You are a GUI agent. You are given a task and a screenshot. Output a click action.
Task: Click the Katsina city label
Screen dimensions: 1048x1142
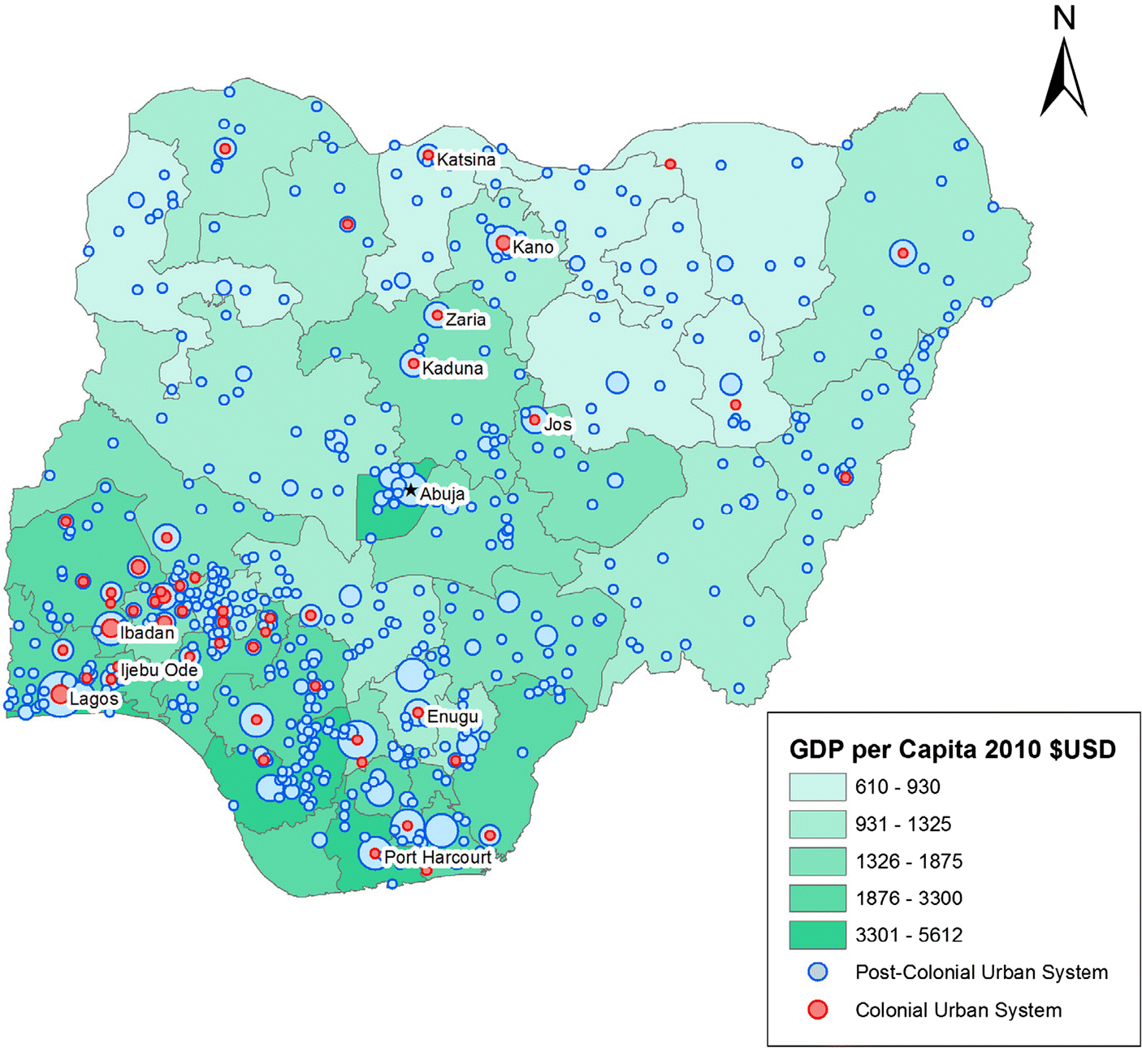pyautogui.click(x=465, y=160)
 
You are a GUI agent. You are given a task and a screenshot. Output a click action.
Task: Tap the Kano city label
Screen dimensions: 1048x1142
pyautogui.click(x=533, y=247)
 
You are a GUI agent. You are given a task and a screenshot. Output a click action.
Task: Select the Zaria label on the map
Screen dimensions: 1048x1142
pyautogui.click(x=465, y=320)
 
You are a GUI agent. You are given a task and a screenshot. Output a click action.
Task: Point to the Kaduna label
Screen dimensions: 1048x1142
pyautogui.click(x=452, y=369)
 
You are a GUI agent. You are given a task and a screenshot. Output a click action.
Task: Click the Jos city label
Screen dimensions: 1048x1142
pyautogui.click(x=557, y=425)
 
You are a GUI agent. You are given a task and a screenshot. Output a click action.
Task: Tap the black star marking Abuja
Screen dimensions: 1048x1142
pyautogui.click(x=411, y=491)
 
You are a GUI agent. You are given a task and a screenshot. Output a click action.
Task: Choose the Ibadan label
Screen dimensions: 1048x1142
pyautogui.click(x=147, y=633)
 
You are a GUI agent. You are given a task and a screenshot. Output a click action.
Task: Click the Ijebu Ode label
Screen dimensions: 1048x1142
pyautogui.click(x=159, y=670)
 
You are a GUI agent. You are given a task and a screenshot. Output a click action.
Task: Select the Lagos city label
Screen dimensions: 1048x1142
pyautogui.click(x=93, y=699)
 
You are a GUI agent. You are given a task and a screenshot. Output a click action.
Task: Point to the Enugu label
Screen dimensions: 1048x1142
pyautogui.click(x=452, y=717)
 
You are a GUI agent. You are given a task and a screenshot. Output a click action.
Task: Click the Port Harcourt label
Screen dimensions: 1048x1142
pyautogui.click(x=438, y=858)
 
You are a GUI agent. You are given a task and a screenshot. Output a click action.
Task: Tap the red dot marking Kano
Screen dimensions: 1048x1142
pyautogui.click(x=503, y=243)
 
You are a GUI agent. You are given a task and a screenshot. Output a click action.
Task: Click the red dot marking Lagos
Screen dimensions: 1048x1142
pyautogui.click(x=59, y=695)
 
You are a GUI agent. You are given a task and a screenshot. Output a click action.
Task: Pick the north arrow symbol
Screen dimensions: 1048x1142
pyautogui.click(x=1063, y=77)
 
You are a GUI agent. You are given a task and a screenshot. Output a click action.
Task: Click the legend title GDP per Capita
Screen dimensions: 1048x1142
pyautogui.click(x=952, y=749)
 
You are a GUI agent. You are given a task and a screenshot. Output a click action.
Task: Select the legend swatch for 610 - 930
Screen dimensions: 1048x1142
pyautogui.click(x=817, y=786)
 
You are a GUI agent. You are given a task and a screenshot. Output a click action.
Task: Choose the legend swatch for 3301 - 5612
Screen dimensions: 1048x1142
pyautogui.click(x=817, y=935)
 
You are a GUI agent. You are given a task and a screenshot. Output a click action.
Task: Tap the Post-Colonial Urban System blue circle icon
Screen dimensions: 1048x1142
pyautogui.click(x=818, y=972)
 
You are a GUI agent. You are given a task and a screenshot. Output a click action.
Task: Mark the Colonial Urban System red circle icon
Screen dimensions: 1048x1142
pyautogui.click(x=818, y=1010)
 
